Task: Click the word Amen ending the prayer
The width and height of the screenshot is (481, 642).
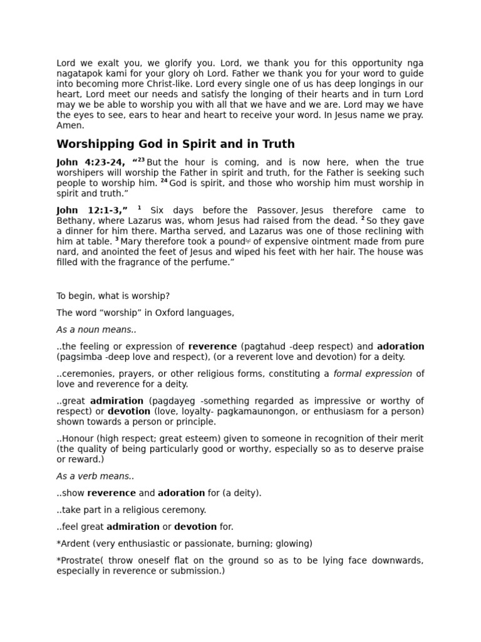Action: click(69, 125)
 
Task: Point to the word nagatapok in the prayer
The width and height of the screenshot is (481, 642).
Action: click(80, 73)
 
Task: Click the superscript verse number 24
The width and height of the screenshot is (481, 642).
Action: click(164, 181)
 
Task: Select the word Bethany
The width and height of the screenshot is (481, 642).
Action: click(73, 221)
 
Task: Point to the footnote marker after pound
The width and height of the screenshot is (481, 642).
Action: click(248, 240)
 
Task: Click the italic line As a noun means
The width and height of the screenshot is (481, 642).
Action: click(96, 330)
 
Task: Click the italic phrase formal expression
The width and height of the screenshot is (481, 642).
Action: click(373, 374)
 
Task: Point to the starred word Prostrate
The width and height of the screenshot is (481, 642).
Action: click(77, 560)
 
